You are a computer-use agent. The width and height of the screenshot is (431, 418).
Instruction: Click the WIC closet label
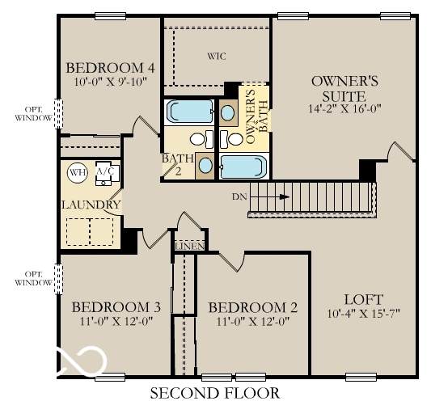tap(217, 57)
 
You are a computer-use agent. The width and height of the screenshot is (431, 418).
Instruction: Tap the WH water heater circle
tap(78, 172)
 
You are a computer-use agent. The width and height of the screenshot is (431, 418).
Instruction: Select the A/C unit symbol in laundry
tap(108, 173)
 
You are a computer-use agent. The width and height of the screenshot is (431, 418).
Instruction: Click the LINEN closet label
tap(190, 247)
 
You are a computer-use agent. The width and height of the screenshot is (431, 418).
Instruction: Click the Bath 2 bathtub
tap(190, 112)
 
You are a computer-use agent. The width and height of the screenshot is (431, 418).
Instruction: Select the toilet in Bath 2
tap(201, 139)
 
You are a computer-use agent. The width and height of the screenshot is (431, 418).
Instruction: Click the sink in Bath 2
tap(205, 166)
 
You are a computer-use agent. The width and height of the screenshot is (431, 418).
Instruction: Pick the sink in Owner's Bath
tap(228, 112)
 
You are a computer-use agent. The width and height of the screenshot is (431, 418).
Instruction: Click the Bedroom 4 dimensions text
tap(111, 82)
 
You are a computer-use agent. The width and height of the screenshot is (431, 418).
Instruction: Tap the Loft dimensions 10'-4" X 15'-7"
tap(363, 313)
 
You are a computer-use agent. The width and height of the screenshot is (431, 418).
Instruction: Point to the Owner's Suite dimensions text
tap(345, 109)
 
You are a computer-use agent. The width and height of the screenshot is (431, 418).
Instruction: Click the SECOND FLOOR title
tap(215, 393)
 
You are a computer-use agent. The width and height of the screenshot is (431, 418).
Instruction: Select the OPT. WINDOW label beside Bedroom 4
tap(33, 114)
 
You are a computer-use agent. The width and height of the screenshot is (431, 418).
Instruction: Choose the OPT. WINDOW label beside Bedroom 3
tap(33, 279)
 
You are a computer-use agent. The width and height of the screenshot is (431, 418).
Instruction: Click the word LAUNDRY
tap(91, 205)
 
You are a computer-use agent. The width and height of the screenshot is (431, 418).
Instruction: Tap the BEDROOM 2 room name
tap(253, 307)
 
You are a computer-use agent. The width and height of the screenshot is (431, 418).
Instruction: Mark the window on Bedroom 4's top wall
tap(110, 16)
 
